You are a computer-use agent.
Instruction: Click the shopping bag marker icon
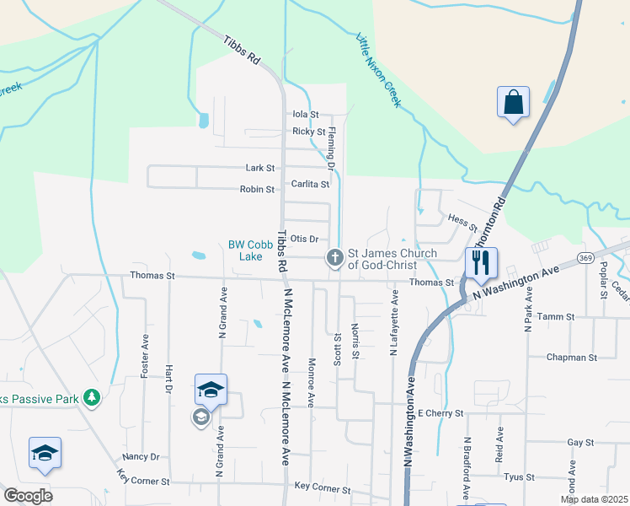(512, 103)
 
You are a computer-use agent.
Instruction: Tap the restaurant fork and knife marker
(481, 262)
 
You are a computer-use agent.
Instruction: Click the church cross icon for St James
(334, 258)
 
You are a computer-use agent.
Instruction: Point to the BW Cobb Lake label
(246, 250)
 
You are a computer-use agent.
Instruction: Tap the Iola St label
(305, 114)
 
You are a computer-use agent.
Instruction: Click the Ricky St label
(308, 132)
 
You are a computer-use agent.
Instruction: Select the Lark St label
(259, 168)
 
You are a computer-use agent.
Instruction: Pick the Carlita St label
(310, 184)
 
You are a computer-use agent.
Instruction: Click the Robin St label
(257, 190)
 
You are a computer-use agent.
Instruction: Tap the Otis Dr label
(303, 240)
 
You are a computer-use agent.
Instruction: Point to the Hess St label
(463, 223)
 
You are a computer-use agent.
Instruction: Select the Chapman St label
(571, 358)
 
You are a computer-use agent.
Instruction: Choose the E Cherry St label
(440, 413)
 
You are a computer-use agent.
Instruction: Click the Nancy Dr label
(141, 456)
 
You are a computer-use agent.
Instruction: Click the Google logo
(28, 496)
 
